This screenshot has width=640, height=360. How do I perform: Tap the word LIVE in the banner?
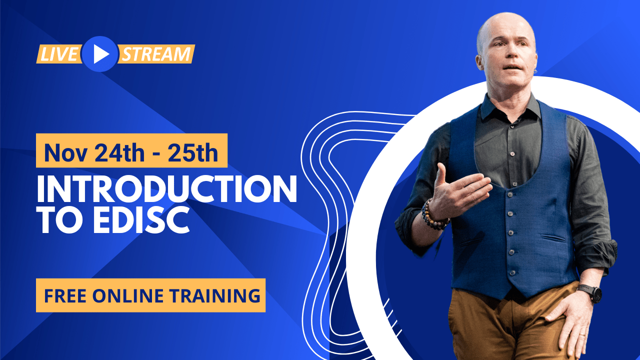(58, 54)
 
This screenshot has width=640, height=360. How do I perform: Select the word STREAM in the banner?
(156, 54)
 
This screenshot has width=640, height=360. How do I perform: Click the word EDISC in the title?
(140, 221)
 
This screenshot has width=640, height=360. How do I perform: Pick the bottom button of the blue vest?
(512, 273)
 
